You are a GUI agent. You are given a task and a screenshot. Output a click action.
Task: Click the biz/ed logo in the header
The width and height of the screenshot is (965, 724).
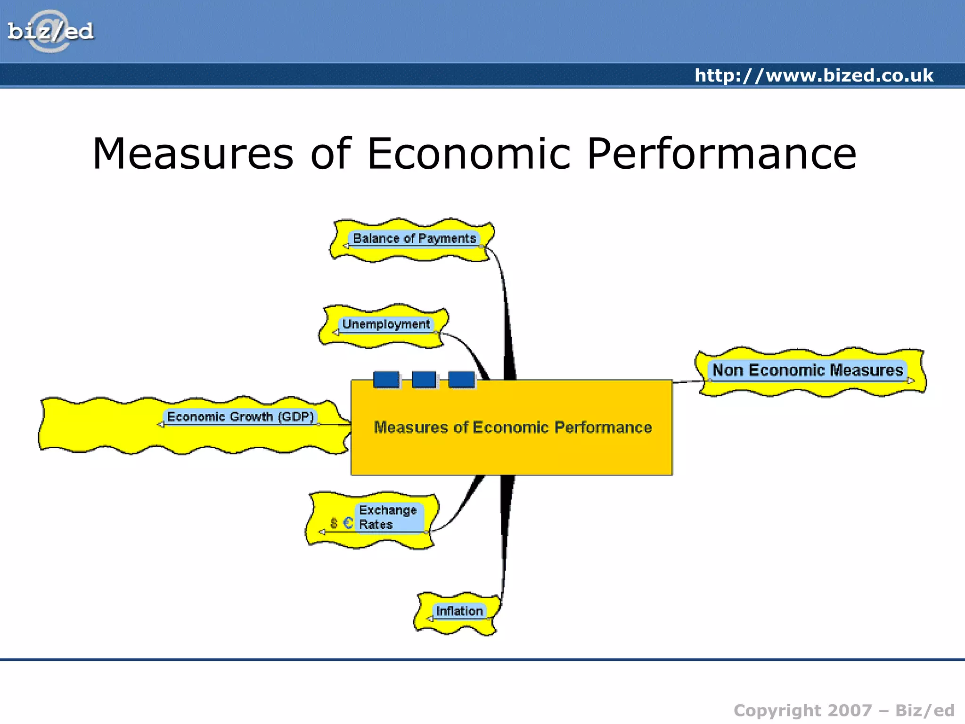(x=50, y=32)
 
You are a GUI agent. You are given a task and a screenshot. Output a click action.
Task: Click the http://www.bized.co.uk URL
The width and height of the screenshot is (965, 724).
(x=814, y=75)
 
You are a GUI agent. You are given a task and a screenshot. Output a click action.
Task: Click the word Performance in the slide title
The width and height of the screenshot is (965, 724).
(x=721, y=153)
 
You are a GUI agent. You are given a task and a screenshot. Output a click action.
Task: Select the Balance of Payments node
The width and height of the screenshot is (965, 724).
(x=414, y=239)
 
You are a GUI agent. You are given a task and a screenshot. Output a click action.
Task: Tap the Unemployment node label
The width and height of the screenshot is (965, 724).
(x=386, y=324)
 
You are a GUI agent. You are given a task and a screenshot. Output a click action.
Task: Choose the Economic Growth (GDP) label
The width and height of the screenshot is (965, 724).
(x=240, y=417)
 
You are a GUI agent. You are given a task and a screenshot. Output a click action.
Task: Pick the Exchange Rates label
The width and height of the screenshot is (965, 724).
(x=388, y=517)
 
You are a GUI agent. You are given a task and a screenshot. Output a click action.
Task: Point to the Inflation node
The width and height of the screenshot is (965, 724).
(x=459, y=611)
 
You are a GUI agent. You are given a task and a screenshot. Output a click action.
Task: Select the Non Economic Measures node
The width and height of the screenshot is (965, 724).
(x=808, y=370)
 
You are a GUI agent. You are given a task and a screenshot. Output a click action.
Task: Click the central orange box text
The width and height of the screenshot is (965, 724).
(x=513, y=427)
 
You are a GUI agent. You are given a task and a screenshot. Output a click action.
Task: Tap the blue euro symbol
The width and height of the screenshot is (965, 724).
(x=348, y=523)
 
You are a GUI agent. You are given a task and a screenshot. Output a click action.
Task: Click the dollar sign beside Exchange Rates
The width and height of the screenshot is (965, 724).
(x=334, y=523)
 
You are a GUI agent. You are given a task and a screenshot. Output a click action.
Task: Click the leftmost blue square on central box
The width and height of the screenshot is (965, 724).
(x=386, y=379)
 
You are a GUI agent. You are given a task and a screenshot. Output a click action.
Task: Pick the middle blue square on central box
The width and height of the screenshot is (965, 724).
(x=424, y=379)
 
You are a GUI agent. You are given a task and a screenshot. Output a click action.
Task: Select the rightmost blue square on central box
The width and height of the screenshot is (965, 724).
(x=461, y=379)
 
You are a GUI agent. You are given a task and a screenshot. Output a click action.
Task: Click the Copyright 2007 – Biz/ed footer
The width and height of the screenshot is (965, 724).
(x=844, y=710)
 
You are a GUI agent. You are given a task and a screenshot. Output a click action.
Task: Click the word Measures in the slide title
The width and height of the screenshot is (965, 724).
(x=193, y=153)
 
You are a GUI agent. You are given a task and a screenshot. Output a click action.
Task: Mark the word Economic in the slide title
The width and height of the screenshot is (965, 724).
(x=469, y=153)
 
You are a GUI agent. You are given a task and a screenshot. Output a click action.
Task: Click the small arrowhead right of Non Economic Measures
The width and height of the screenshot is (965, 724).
(x=911, y=380)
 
